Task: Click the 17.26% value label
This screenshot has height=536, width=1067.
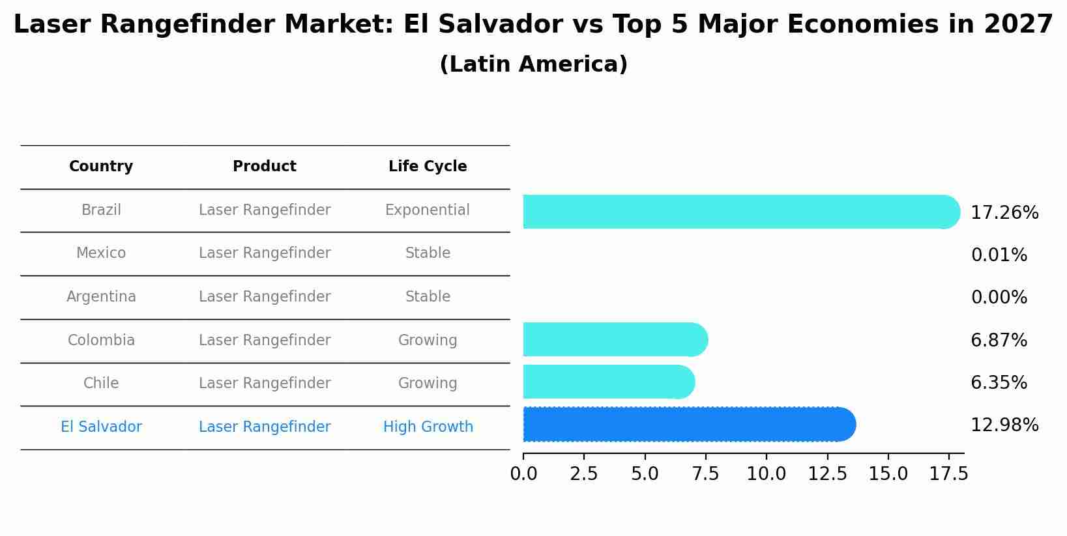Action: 1004,213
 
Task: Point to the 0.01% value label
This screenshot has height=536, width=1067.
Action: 999,255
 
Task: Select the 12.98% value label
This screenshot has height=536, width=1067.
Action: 1004,425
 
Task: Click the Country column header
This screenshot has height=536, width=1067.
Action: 101,167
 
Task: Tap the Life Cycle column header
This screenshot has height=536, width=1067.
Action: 428,167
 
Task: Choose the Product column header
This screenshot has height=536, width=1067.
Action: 265,167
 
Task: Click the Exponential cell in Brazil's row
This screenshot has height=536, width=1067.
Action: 428,210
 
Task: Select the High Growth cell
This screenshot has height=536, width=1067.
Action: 428,427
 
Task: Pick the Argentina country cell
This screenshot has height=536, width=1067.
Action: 101,297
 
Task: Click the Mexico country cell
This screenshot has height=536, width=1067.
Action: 101,253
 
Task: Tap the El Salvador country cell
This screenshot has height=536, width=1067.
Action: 101,427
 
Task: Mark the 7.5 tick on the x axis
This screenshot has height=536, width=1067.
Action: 705,474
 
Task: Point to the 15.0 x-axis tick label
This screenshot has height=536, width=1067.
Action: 888,474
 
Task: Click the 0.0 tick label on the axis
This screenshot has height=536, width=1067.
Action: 523,474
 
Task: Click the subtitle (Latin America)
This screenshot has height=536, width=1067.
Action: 533,64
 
